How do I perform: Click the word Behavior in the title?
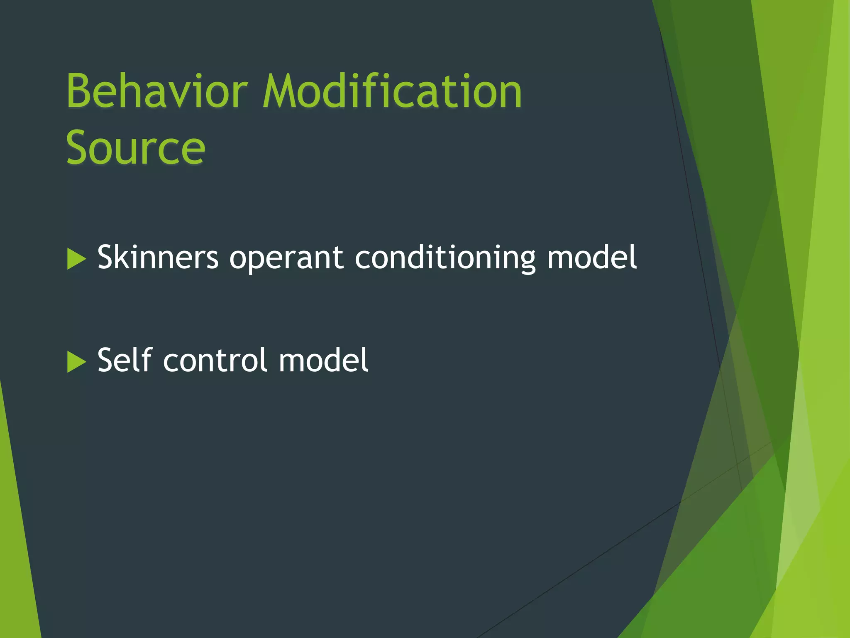coord(157,91)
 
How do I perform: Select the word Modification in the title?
coord(392,91)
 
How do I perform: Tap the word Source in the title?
coord(135,148)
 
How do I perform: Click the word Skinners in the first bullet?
coord(158,258)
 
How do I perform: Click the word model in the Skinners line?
coord(592,258)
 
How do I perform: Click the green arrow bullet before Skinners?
coord(76,259)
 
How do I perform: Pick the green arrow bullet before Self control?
coord(76,362)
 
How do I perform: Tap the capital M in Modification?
coord(282,91)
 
